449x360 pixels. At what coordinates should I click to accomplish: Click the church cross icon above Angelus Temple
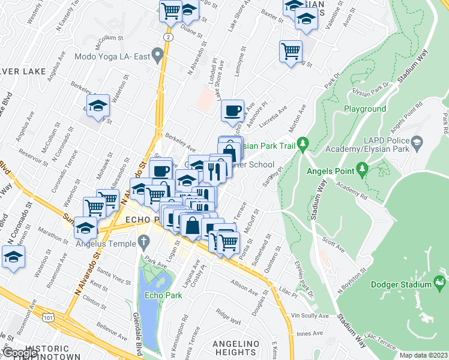click(142, 242)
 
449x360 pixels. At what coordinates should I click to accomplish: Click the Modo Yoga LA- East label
click(110, 57)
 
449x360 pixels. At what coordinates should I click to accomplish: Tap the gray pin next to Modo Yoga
click(157, 56)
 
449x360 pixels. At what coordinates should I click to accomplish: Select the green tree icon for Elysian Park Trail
click(304, 144)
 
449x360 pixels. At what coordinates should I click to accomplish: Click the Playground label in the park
click(364, 109)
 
